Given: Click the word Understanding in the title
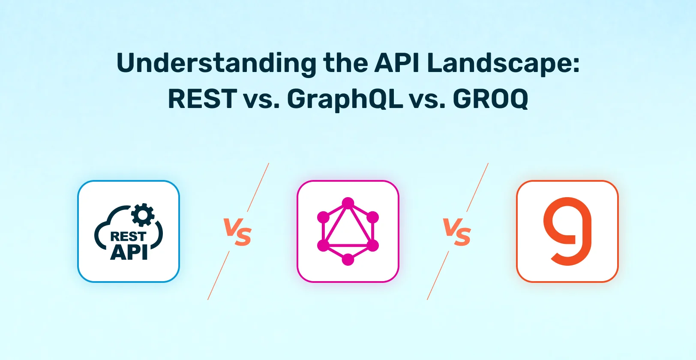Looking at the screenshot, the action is (x=216, y=64).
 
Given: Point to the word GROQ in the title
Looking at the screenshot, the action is (x=491, y=99).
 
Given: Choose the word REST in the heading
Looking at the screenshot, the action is (x=202, y=99).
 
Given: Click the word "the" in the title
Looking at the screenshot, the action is (x=345, y=63).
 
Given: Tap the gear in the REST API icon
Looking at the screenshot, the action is (x=143, y=215).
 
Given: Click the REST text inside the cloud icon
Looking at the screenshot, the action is (x=128, y=237).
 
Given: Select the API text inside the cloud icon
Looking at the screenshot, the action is (x=129, y=252).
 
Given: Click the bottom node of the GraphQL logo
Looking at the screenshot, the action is (x=348, y=259).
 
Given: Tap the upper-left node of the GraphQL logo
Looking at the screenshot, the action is (x=323, y=217).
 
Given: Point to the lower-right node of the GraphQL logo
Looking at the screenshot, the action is (x=373, y=246).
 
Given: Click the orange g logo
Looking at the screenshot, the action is (x=567, y=231).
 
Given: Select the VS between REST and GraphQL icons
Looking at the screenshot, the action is (x=237, y=232).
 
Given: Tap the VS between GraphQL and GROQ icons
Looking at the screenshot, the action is (x=457, y=232).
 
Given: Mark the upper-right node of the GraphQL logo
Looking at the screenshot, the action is (x=373, y=217).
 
